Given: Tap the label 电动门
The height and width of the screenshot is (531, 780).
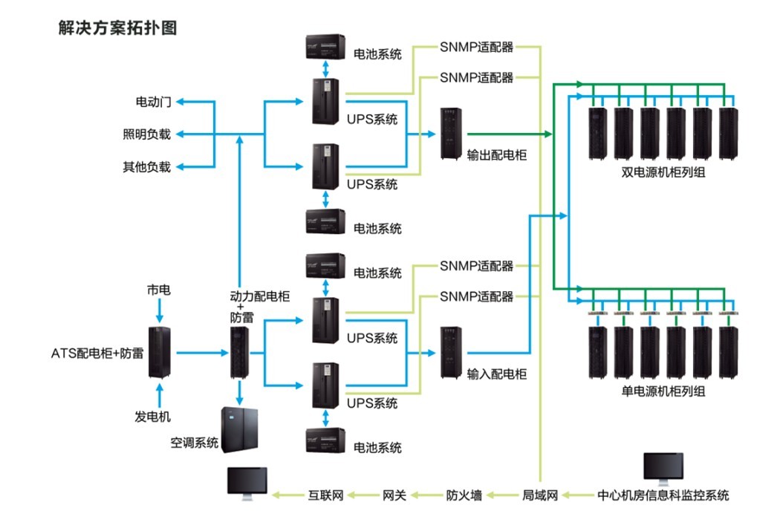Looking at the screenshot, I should (153, 102).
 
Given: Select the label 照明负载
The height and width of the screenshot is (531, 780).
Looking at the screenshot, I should (147, 134).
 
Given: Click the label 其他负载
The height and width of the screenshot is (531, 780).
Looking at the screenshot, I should (147, 167).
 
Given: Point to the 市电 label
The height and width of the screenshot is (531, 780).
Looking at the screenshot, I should (158, 290).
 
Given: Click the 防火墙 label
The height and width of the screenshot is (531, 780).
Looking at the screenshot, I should (464, 495).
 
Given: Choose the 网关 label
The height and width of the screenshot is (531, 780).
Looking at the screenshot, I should (394, 495).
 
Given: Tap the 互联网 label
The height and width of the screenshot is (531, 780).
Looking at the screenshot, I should (325, 495).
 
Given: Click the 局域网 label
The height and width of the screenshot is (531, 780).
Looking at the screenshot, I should (540, 495).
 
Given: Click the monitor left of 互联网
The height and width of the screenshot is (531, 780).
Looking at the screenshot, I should (247, 483).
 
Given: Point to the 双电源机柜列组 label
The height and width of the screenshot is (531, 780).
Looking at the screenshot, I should (663, 173).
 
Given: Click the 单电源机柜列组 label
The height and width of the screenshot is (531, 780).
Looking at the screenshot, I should (663, 391).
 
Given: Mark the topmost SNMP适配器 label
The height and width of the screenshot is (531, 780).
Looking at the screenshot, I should (476, 49).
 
